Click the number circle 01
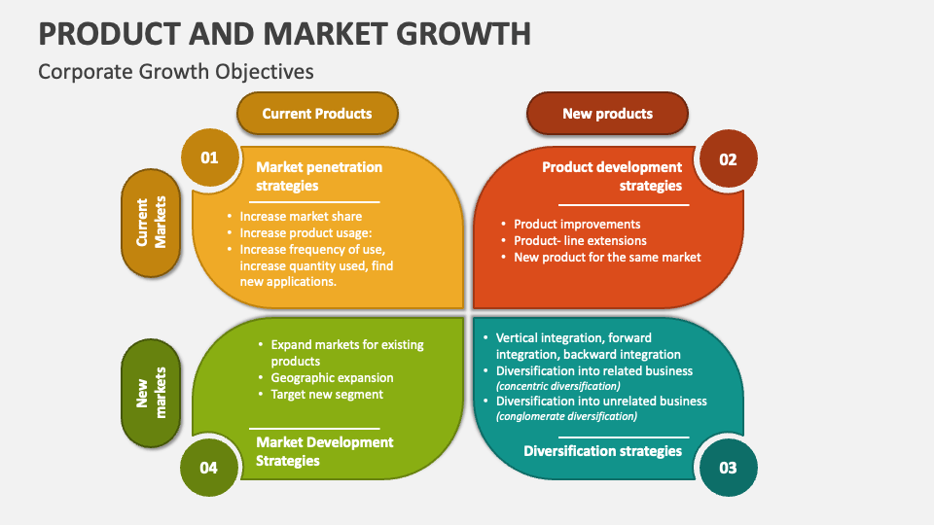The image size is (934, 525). pos(210,157)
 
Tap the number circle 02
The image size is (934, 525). pos(728,158)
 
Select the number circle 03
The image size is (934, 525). pos(728,468)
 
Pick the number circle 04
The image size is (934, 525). pos(209,468)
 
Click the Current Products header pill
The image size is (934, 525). pos(317,113)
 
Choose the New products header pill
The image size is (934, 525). pos(607,113)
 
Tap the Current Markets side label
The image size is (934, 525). pos(151,223)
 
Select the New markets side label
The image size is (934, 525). pos(151,393)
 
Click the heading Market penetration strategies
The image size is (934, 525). pos(319,176)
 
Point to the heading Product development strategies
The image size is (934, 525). pos(612,176)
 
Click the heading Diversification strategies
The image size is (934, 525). pos(603,451)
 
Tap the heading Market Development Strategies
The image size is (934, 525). pos(325,451)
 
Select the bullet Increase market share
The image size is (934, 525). pos(301,217)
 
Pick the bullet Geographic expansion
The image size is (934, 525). pos(332,378)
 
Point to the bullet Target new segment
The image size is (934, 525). pos(327,395)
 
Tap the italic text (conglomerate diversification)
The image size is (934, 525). pos(566,416)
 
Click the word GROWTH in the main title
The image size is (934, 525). pos(463,34)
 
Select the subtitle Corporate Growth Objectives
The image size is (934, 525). pos(176,71)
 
